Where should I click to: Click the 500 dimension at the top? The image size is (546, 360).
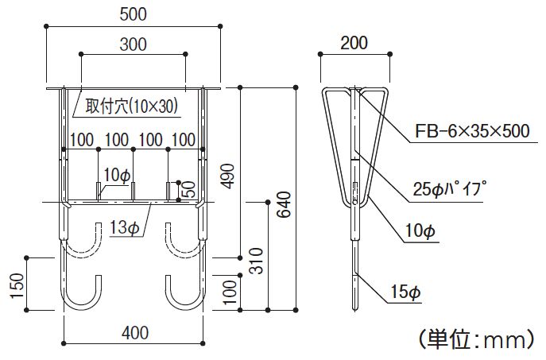click(133, 14)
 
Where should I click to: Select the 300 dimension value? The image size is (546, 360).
click(133, 45)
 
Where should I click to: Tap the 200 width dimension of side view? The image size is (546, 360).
click(354, 43)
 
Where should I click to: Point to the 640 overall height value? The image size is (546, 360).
click(284, 204)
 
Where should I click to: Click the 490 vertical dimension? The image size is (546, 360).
click(228, 176)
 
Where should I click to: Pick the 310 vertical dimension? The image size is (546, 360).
click(257, 261)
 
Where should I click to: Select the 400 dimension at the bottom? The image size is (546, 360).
click(135, 333)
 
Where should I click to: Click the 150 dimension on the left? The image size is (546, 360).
click(17, 285)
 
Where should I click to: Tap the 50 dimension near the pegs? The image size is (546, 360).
click(189, 189)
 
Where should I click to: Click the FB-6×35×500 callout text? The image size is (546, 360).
click(472, 131)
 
